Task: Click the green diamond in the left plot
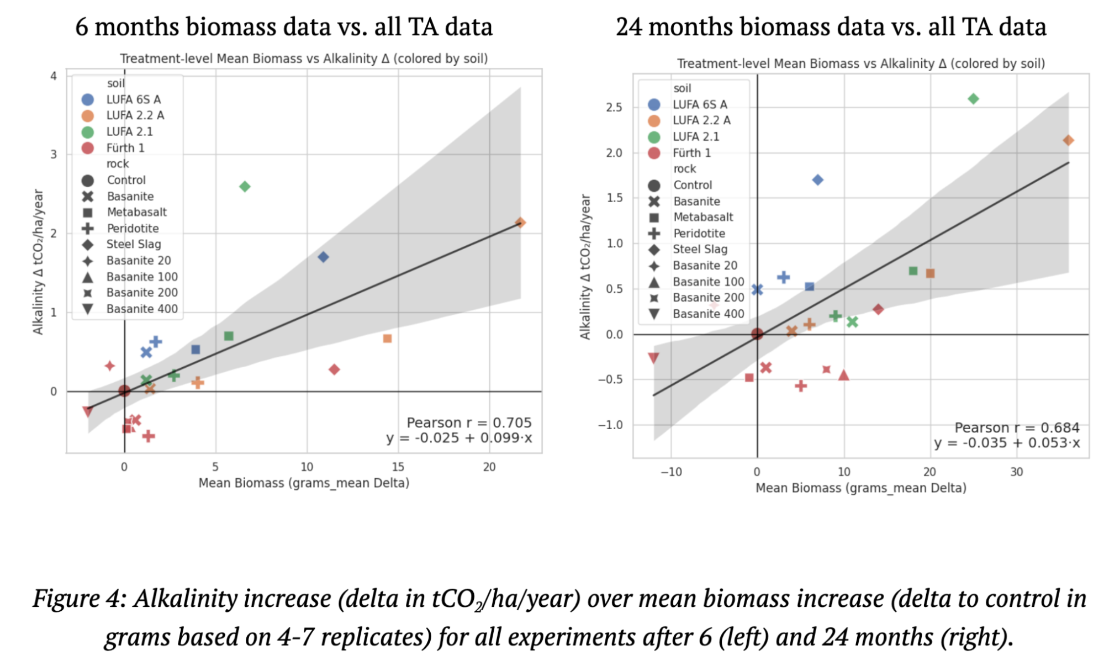click(245, 187)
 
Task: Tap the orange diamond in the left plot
click(520, 223)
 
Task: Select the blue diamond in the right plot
click(818, 180)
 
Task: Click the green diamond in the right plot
click(973, 99)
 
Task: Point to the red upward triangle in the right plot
click(843, 376)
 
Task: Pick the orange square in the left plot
click(387, 339)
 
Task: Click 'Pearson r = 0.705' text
click(469, 422)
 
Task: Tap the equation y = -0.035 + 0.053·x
click(1007, 443)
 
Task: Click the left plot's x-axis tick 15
click(398, 467)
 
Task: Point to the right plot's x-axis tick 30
click(1016, 472)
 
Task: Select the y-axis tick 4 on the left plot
click(54, 76)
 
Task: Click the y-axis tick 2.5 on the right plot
click(614, 107)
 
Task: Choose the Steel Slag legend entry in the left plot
click(133, 244)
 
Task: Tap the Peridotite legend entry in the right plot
click(699, 234)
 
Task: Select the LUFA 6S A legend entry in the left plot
click(133, 99)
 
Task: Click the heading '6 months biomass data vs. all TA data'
click(284, 27)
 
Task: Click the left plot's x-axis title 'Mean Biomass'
click(241, 483)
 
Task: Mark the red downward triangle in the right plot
click(653, 358)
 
